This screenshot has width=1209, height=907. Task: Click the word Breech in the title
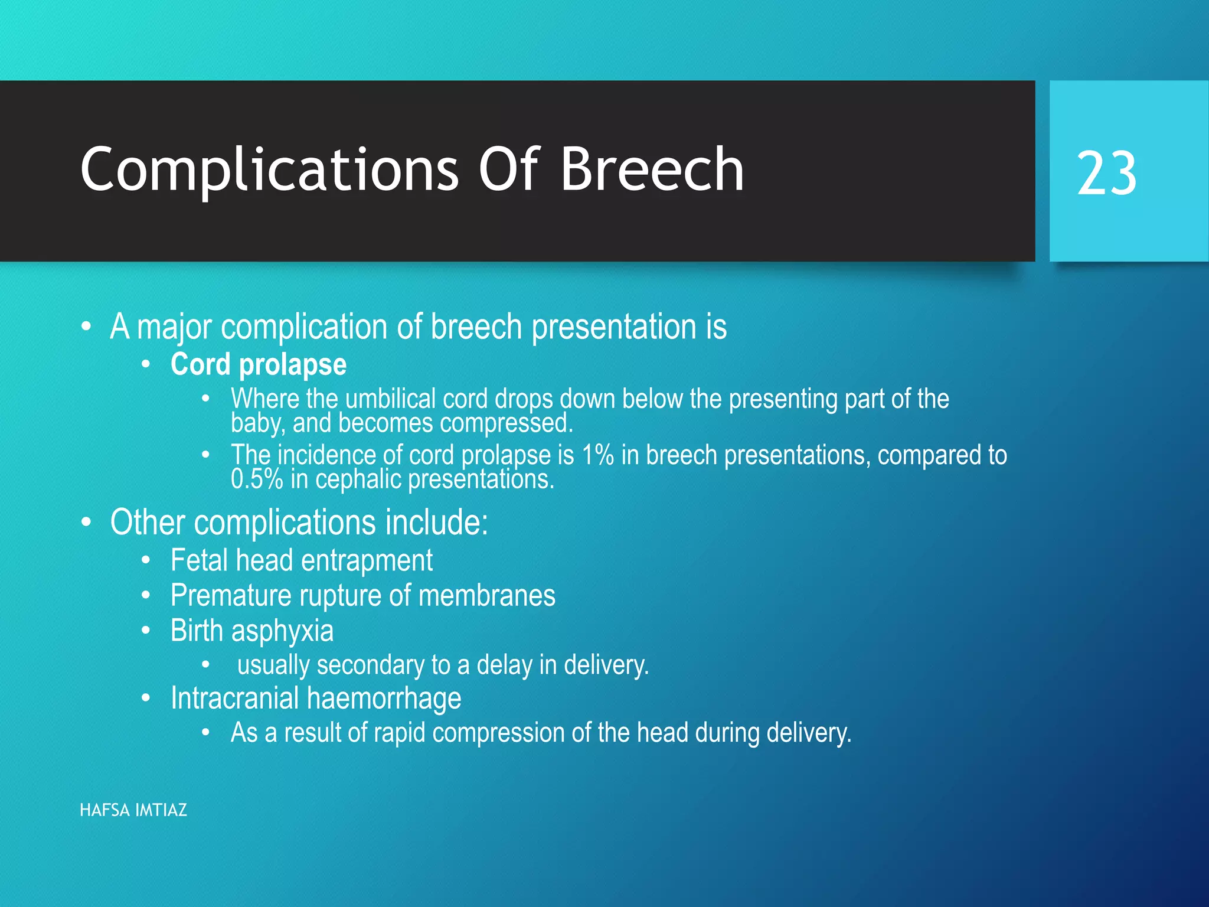[652, 170]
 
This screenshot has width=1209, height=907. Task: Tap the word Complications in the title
[269, 170]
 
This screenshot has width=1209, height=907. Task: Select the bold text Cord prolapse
[259, 364]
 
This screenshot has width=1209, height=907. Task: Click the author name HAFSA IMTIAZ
[133, 810]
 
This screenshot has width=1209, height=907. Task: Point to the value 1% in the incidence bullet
[597, 455]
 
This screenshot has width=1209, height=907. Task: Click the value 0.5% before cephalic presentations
[257, 479]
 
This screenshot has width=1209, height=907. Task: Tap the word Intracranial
[234, 699]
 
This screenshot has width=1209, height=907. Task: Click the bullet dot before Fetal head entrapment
[146, 560]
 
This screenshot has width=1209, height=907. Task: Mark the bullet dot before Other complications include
[87, 523]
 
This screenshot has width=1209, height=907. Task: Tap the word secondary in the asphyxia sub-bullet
[370, 665]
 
